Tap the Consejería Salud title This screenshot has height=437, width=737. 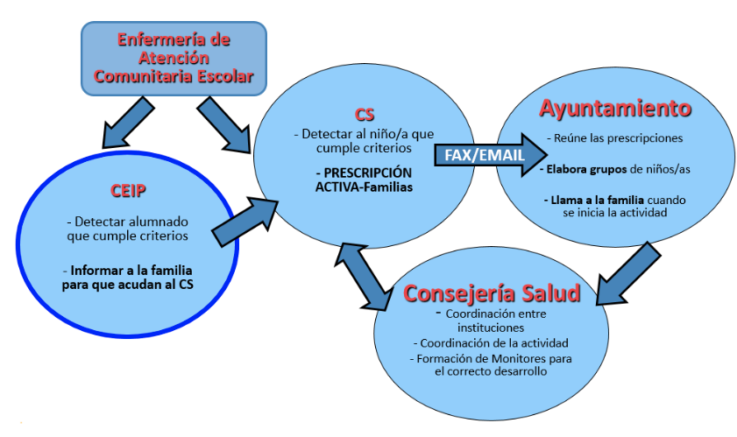(492, 293)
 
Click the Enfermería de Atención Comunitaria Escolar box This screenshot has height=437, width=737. (174, 58)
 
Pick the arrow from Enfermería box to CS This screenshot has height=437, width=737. (223, 121)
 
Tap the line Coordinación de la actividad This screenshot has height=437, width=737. (490, 342)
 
